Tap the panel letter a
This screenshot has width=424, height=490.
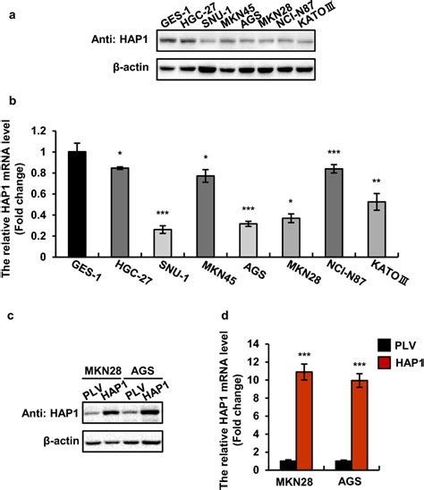coord(6,8)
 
